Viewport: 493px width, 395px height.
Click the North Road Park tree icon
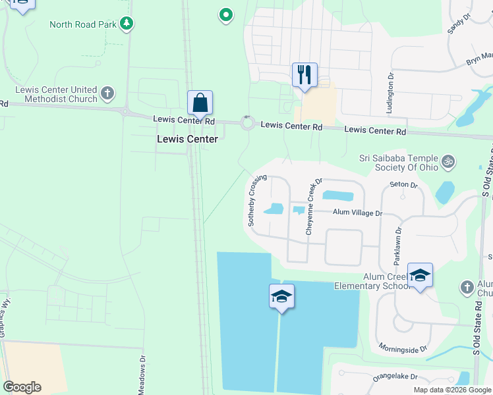pos(126,24)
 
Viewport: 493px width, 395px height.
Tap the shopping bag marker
pos(200,103)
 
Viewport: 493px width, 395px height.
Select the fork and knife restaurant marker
pos(304,74)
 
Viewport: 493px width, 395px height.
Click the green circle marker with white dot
pos(225,14)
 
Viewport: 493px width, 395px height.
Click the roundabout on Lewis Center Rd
pos(248,122)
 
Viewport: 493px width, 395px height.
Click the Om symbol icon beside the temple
pos(448,160)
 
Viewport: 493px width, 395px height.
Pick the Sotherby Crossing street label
pos(258,200)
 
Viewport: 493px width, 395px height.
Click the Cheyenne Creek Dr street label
pos(312,207)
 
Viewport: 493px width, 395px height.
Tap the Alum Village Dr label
pos(357,213)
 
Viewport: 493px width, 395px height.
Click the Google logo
pos(22,387)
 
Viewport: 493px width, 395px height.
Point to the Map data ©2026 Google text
pos(451,390)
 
